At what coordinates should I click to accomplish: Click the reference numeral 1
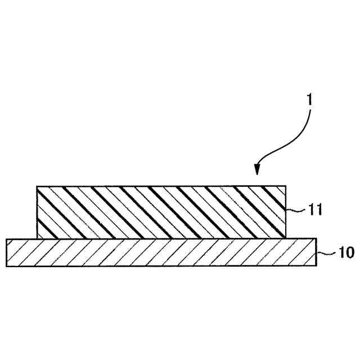pos(309,102)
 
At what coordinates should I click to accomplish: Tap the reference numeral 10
pos(332,254)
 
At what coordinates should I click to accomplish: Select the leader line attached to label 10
pos(321,254)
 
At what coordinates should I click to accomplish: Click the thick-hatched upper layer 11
pos(161,212)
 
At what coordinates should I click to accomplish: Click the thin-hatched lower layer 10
pos(161,253)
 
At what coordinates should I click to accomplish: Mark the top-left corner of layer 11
pos(36,186)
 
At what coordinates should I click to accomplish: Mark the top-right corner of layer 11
pos(286,186)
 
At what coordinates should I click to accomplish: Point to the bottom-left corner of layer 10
pos(6,267)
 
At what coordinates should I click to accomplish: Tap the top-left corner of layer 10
pos(6,239)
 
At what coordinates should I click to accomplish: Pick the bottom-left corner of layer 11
pos(36,238)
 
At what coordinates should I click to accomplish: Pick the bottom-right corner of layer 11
pos(286,238)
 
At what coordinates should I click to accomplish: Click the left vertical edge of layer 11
pos(36,213)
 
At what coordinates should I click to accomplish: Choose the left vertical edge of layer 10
pos(6,253)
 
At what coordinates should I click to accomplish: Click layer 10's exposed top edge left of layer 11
pos(21,239)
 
